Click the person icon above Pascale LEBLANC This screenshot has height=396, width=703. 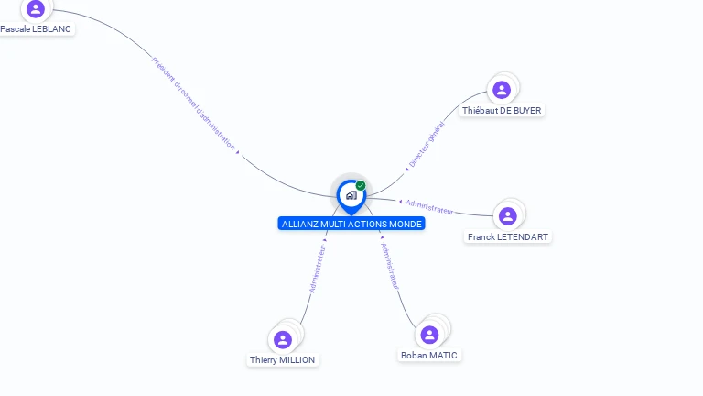click(x=36, y=9)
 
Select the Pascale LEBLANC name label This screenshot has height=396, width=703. click(x=36, y=29)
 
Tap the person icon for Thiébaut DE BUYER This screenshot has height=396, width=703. click(x=501, y=90)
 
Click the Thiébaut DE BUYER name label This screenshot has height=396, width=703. click(x=502, y=111)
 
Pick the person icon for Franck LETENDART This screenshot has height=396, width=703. click(x=508, y=216)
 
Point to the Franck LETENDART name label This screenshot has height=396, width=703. click(x=508, y=237)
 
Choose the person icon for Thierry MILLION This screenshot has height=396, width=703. click(x=283, y=339)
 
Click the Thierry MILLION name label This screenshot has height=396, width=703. click(x=283, y=360)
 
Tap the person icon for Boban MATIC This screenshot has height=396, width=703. click(x=429, y=335)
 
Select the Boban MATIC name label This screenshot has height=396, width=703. click(x=429, y=356)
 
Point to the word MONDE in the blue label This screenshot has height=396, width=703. click(x=406, y=224)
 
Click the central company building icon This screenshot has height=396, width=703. click(x=351, y=195)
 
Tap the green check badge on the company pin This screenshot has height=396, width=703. click(x=361, y=185)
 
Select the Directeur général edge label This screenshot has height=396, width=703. click(x=427, y=145)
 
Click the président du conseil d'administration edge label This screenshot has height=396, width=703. click(x=193, y=103)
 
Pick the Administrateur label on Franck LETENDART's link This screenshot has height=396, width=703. click(x=429, y=206)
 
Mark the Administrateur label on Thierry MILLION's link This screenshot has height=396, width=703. click(x=318, y=268)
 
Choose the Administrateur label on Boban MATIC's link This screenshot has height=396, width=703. click(x=390, y=266)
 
